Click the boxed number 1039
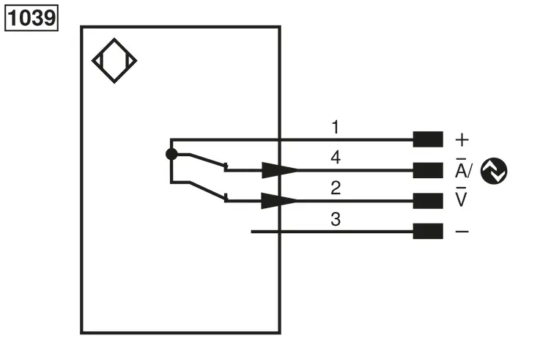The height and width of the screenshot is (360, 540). click(32, 18)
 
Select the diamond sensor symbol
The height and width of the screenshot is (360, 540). click(114, 61)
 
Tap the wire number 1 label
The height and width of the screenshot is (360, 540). click(336, 127)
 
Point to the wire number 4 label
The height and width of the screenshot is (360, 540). click(336, 158)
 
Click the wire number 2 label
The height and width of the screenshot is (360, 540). click(336, 188)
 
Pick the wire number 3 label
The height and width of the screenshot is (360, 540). click(336, 219)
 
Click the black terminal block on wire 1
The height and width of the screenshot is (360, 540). click(428, 139)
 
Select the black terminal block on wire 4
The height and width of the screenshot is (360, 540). click(428, 170)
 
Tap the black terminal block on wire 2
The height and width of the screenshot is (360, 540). click(428, 201)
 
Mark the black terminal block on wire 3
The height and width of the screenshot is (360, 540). click(428, 231)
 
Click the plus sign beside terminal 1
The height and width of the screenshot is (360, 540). click(462, 140)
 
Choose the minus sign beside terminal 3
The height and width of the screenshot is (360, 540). click(462, 232)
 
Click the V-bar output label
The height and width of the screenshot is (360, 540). click(461, 196)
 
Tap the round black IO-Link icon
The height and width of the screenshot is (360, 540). click(494, 171)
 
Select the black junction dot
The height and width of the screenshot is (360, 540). click(171, 154)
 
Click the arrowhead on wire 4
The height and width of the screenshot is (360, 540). click(280, 170)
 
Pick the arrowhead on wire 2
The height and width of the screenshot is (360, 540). click(280, 201)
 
